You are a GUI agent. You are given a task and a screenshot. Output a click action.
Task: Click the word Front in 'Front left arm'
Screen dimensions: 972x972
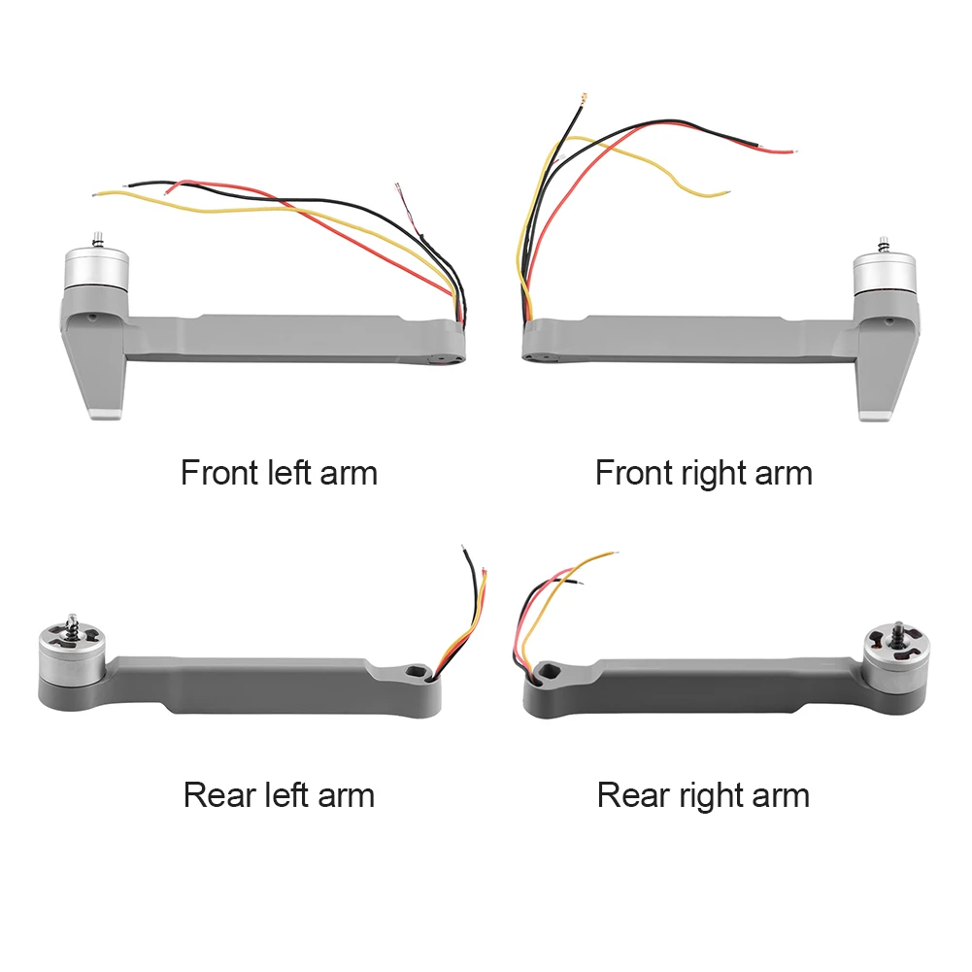(x=217, y=473)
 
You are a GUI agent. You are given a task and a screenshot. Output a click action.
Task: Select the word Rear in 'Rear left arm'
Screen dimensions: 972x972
(x=220, y=795)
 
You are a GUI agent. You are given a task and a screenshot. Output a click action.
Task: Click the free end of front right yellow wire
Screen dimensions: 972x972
(x=725, y=194)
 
